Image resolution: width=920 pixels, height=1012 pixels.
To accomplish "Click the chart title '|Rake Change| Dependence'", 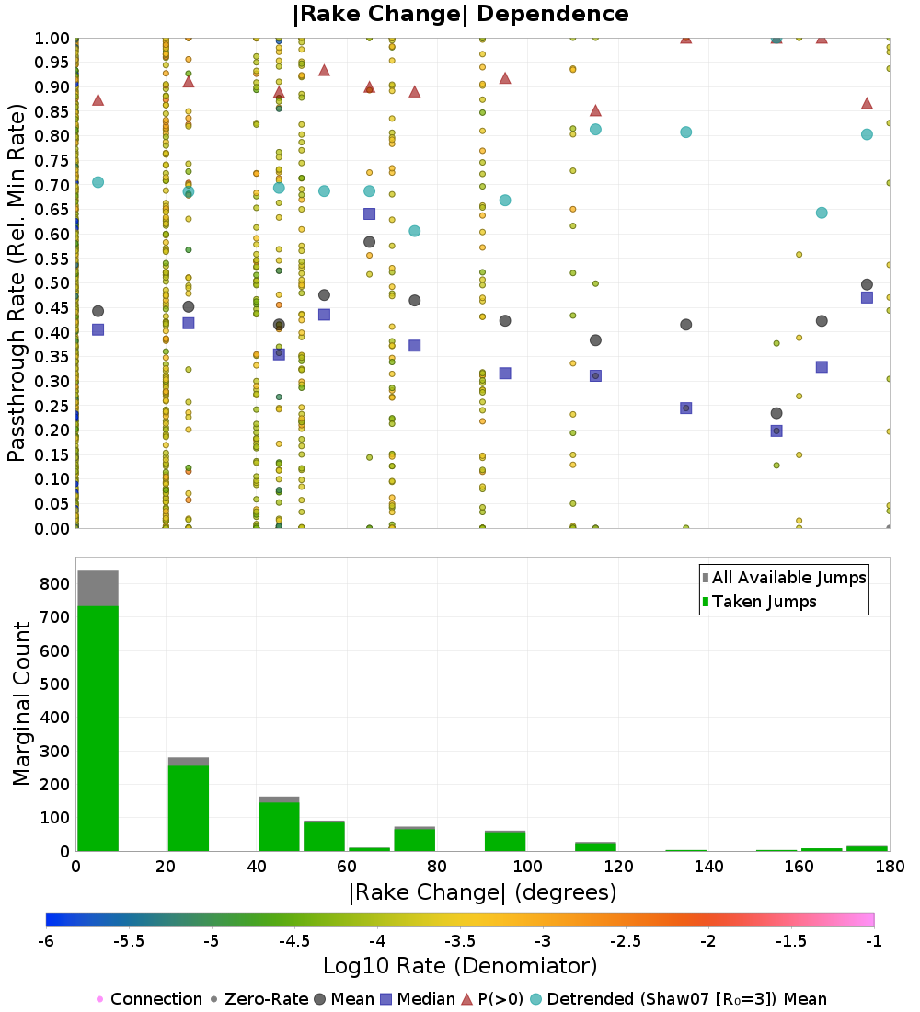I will click(x=460, y=14).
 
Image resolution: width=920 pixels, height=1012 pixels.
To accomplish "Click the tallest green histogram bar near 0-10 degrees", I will click(x=98, y=727).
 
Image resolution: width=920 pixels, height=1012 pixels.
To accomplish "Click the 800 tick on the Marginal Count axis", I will click(x=53, y=584).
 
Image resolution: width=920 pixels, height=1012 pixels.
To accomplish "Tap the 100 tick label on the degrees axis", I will click(x=527, y=867).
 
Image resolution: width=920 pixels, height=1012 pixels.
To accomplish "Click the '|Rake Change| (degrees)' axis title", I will click(x=482, y=892).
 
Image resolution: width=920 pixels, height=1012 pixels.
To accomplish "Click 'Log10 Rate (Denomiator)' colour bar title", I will click(x=460, y=966).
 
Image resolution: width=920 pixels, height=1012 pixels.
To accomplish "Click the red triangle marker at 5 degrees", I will click(x=98, y=99).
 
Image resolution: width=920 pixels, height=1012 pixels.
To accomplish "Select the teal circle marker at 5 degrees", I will click(x=98, y=182).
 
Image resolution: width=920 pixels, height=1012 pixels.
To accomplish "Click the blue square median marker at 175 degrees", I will click(x=867, y=297).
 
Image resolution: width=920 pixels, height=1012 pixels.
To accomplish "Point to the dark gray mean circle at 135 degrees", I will click(x=685, y=325).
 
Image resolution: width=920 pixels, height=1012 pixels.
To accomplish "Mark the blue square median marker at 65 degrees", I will click(x=369, y=213).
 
